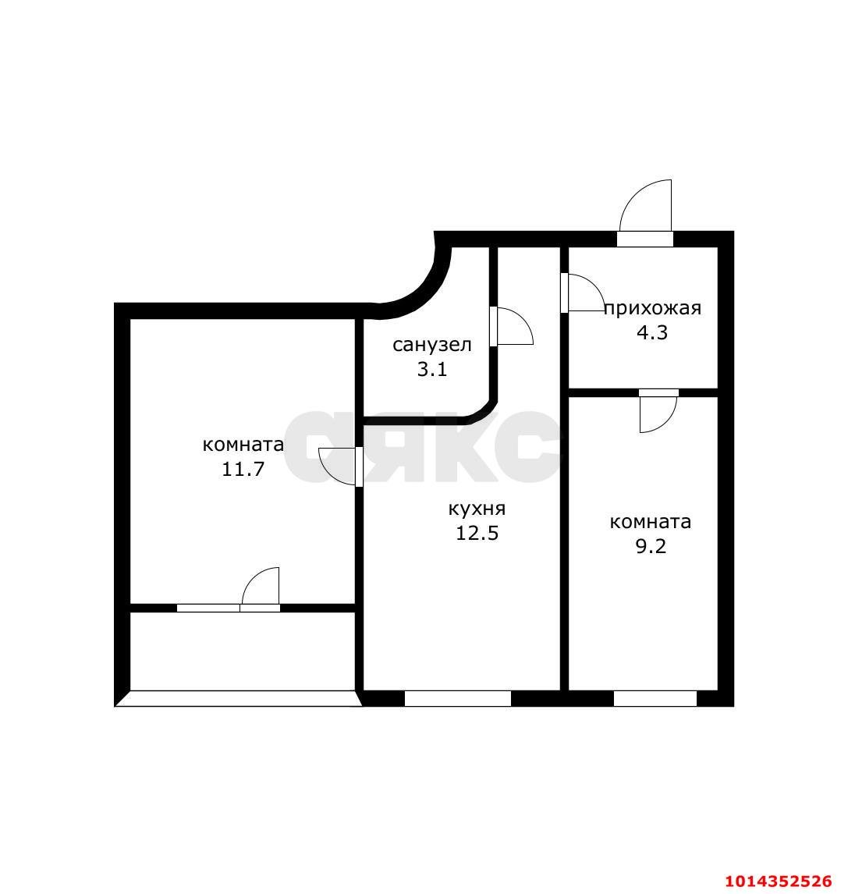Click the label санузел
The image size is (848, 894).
coord(431,345)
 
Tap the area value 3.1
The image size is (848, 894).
coord(431,369)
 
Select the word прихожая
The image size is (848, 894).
coord(653,308)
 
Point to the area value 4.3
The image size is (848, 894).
coord(653,333)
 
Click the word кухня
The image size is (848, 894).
coord(477,509)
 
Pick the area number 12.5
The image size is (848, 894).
coord(477,534)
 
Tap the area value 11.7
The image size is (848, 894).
coord(243,470)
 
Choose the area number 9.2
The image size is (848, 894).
coord(651,547)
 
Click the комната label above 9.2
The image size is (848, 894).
coord(651,522)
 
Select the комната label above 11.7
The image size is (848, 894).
coord(243,445)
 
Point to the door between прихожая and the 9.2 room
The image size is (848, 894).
coord(658,413)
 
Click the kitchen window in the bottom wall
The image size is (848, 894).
coord(458,698)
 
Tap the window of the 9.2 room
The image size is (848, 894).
coord(655,698)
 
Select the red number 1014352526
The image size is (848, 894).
coord(779,882)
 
